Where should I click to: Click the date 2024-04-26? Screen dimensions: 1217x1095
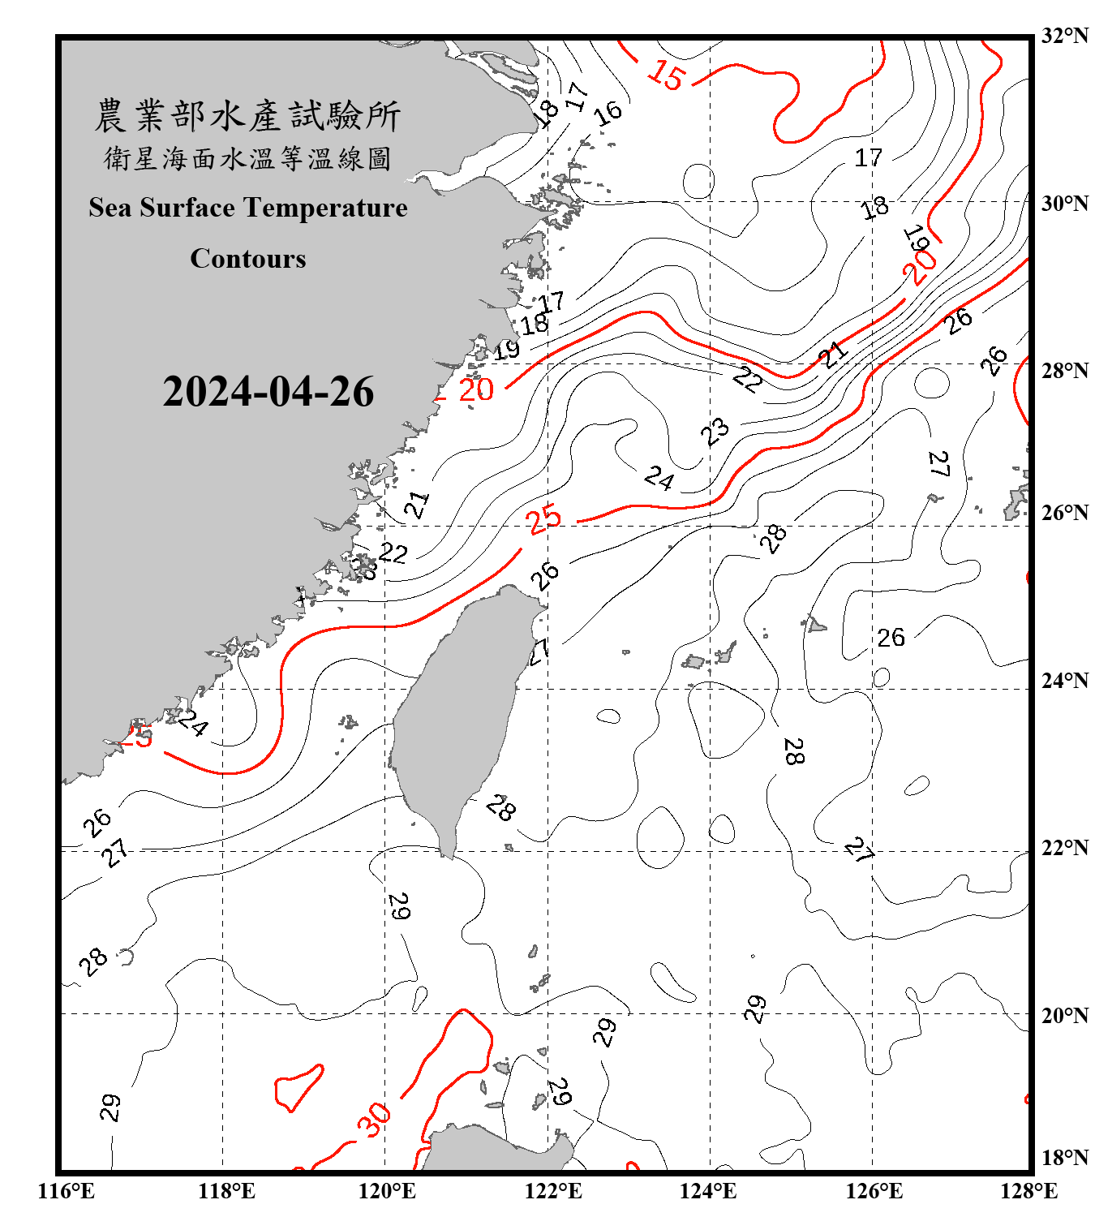tap(268, 392)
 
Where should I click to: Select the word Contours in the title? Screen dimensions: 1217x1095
tap(248, 259)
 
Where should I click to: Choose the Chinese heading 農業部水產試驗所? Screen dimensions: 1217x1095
tap(247, 116)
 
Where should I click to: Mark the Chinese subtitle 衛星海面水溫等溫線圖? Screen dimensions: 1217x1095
tap(247, 158)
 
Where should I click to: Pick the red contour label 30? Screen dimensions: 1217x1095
tap(375, 1120)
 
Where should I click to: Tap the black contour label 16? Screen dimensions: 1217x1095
tap(608, 113)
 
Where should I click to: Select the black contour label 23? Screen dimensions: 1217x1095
tap(715, 432)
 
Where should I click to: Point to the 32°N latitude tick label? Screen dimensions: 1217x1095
tap(1064, 36)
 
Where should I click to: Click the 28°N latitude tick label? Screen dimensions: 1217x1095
tap(1064, 371)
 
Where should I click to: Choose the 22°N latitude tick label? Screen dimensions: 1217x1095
tap(1064, 848)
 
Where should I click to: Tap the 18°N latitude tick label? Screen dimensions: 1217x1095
tap(1064, 1158)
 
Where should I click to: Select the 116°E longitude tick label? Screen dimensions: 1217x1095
tap(66, 1191)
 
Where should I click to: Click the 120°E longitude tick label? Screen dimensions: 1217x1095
tap(387, 1191)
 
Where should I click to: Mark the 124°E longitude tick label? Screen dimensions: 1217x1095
tap(708, 1191)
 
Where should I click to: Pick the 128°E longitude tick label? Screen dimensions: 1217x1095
tap(1028, 1191)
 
